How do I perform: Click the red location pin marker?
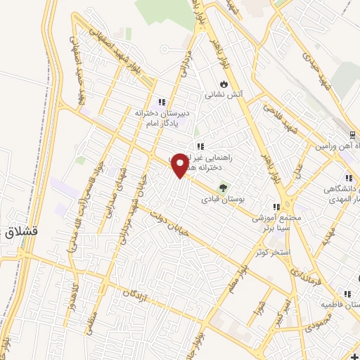(180, 165)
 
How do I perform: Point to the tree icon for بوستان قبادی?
(224, 187)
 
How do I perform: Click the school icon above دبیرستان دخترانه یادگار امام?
(162, 102)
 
